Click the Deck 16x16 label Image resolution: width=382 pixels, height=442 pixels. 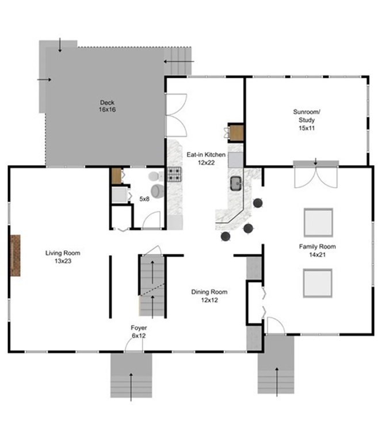click(108, 106)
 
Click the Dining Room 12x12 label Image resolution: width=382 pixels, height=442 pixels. click(209, 296)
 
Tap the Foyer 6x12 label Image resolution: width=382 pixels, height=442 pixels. click(139, 331)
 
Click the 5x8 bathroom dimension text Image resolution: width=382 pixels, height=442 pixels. click(144, 199)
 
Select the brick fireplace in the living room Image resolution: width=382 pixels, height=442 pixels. click(15, 256)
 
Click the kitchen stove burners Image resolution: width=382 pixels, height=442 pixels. click(174, 174)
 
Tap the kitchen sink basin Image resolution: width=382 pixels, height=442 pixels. click(236, 184)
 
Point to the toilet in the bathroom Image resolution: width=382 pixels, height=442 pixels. click(155, 176)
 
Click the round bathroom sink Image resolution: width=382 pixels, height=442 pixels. click(157, 191)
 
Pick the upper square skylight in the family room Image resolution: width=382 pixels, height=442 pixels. click(318, 222)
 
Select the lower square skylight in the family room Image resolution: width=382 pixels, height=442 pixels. click(318, 283)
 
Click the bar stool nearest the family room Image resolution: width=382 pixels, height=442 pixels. click(258, 203)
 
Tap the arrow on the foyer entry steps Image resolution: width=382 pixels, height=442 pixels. click(131, 387)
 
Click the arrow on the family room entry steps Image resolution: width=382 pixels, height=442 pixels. click(277, 382)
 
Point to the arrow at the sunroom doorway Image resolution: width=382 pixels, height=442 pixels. click(315, 162)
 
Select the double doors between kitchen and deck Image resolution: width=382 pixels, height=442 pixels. click(176, 115)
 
